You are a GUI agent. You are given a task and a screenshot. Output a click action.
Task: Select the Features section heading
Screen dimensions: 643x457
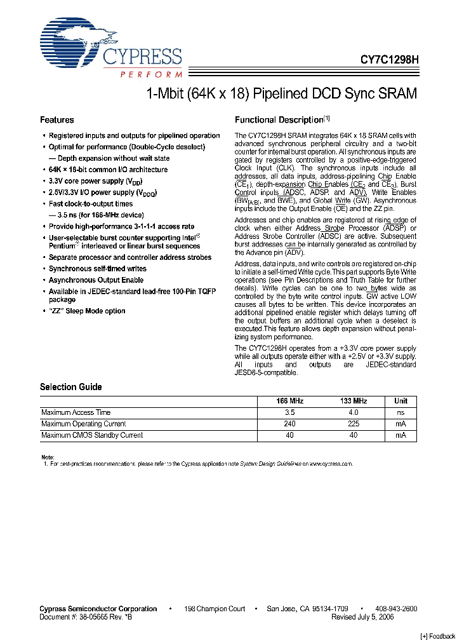[x=56, y=120]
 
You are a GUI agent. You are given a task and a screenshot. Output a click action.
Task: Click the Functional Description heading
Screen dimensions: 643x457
[x=279, y=120]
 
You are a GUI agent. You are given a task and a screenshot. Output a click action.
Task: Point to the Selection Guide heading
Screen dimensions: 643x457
[x=70, y=387]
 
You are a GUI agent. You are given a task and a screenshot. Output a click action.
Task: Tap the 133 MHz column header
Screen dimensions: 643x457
[x=354, y=401]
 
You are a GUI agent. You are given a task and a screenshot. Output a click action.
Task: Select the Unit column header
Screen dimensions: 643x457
[x=401, y=401]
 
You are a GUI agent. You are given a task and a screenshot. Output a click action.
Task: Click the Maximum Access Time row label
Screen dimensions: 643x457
[x=76, y=412]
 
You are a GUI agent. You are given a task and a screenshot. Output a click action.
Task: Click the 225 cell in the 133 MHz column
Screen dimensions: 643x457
[x=354, y=424]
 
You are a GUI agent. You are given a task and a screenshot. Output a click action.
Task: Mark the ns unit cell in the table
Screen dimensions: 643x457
[x=401, y=412]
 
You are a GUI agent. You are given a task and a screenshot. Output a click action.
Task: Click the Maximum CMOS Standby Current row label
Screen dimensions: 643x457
[x=92, y=435]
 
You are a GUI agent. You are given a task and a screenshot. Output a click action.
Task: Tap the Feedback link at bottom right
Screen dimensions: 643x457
[x=438, y=637]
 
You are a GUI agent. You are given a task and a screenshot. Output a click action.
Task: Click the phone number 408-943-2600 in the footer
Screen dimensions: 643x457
[x=395, y=609]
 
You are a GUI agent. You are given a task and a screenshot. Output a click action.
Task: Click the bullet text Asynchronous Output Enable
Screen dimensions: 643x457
[x=96, y=280]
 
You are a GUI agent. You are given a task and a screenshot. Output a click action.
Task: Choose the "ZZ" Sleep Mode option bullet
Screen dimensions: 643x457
[x=87, y=311]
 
